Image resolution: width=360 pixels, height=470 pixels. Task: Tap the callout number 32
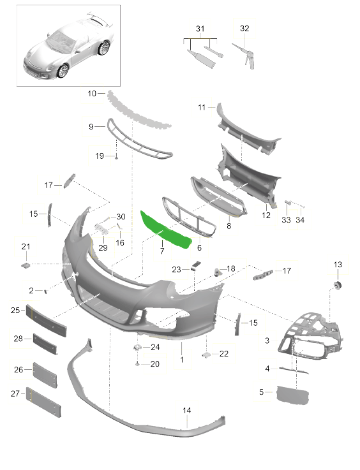point(244,29)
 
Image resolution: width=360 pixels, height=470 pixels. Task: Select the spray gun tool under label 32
point(244,55)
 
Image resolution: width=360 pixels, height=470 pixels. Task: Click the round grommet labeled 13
point(338,286)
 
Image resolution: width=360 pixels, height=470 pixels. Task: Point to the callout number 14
point(186,410)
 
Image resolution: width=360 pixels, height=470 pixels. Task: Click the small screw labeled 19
point(116,157)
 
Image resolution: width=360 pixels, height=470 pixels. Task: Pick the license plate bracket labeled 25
point(46,321)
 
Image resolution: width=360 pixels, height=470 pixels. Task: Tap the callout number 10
point(92,94)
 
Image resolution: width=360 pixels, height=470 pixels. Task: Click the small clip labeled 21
point(26,265)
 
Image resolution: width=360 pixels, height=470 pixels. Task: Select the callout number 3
point(267,341)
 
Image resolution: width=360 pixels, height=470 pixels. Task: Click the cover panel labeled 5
point(292,395)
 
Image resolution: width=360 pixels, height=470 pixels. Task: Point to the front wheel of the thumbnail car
point(63,71)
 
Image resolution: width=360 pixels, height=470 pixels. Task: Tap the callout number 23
point(176,270)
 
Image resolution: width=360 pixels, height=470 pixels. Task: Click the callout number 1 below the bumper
point(182,360)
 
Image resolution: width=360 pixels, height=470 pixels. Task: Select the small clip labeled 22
point(207,355)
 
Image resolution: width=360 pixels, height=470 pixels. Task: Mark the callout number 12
point(266,215)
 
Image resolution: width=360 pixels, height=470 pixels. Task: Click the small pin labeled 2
point(46,291)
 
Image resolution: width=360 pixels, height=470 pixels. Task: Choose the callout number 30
point(121,217)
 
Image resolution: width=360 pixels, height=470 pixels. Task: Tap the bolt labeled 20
point(137,364)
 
